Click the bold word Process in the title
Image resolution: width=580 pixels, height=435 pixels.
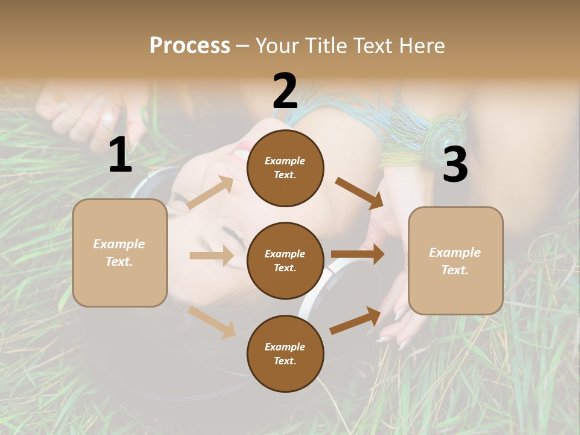tap(190, 45)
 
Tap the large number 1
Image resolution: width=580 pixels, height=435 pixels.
tap(120, 155)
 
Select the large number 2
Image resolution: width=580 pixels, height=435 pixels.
tap(285, 91)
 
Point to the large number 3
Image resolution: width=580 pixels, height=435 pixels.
tap(455, 165)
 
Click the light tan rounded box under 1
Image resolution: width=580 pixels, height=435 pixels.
tap(120, 253)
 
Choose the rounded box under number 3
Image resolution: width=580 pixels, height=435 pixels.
tap(456, 261)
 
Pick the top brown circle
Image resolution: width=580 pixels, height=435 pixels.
tap(285, 168)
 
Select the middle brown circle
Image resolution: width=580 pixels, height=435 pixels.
tap(285, 261)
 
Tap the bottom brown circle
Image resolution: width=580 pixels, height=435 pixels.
tap(285, 354)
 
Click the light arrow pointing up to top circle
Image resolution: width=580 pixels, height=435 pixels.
tap(210, 192)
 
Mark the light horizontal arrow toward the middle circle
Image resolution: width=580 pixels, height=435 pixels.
tap(211, 256)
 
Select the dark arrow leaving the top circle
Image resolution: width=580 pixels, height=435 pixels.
tap(359, 193)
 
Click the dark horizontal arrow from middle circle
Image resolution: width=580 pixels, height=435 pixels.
tap(358, 254)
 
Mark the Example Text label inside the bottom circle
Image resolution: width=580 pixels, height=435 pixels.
tap(285, 354)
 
